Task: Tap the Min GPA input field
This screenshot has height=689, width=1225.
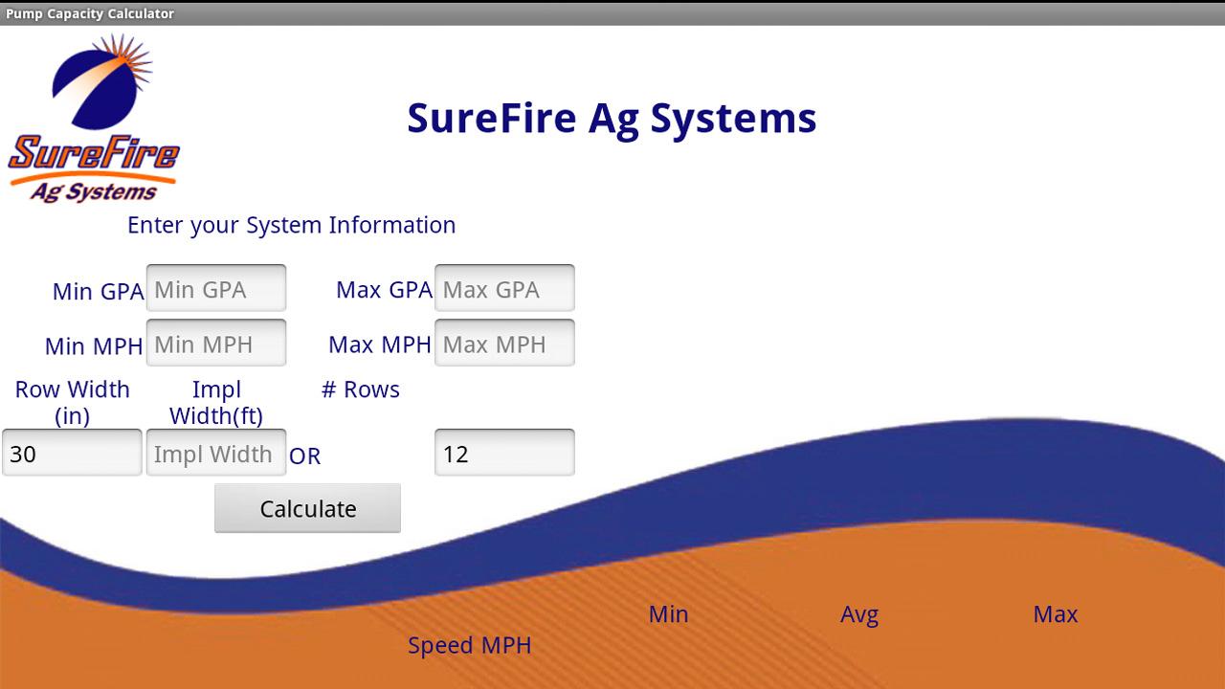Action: tap(216, 288)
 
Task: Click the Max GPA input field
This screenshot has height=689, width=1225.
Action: tap(504, 288)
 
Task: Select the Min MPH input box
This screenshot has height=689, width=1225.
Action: tap(216, 343)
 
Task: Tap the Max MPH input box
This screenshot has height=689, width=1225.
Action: tap(504, 343)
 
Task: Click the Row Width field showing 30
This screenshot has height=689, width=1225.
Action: tap(72, 453)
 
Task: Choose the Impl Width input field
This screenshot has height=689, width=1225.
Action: tap(216, 453)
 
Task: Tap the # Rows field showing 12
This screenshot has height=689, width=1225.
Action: tap(504, 453)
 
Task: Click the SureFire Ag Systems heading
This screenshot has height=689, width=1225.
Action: tap(612, 120)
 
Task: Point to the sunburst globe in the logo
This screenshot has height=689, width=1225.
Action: tap(101, 82)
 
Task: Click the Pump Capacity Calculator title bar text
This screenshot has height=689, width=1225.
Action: tap(90, 13)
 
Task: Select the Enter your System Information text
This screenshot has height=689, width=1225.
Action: tap(292, 226)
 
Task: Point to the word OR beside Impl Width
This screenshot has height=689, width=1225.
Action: tap(304, 456)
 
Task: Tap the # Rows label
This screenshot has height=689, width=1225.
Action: tap(361, 389)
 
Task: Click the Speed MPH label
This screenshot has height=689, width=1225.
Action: tap(470, 646)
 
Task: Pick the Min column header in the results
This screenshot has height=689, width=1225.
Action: tap(668, 614)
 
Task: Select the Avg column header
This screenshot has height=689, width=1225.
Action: tap(859, 615)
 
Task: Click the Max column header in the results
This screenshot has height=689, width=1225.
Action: tap(1056, 614)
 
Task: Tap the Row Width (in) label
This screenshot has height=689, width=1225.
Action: tap(72, 403)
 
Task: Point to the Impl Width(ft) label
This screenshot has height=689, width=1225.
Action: tap(216, 403)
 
